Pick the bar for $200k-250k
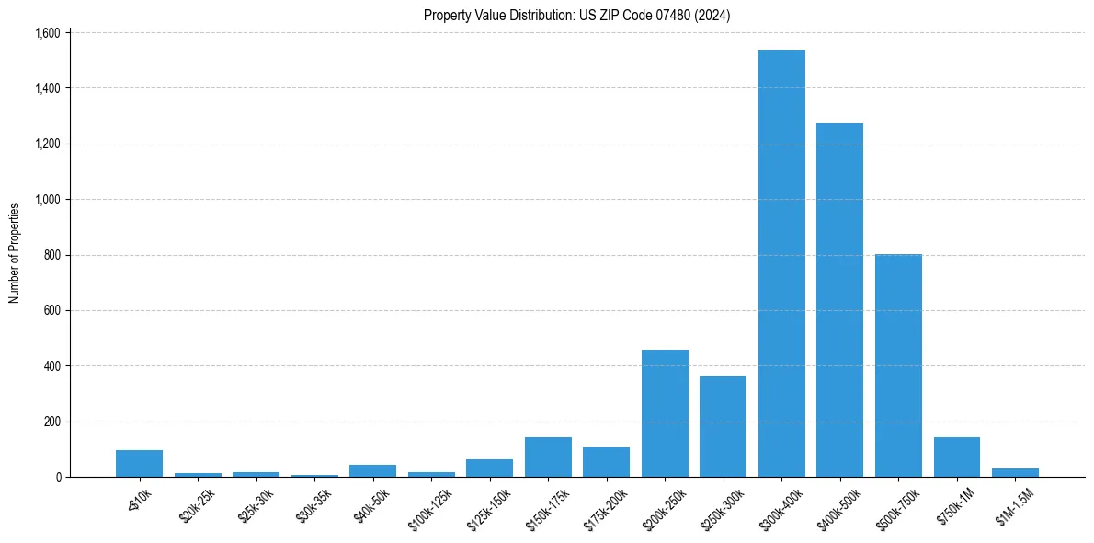pos(665,413)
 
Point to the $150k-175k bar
pos(548,457)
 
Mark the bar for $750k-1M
pos(956,457)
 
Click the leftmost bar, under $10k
pos(139,464)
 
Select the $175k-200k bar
pos(606,462)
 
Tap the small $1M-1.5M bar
pos(1015,473)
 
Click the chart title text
pos(576,16)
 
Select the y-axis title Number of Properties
pos(15,253)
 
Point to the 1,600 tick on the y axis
pos(47,33)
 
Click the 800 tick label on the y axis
pos(51,255)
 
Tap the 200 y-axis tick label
pos(51,422)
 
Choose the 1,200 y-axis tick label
pos(47,144)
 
